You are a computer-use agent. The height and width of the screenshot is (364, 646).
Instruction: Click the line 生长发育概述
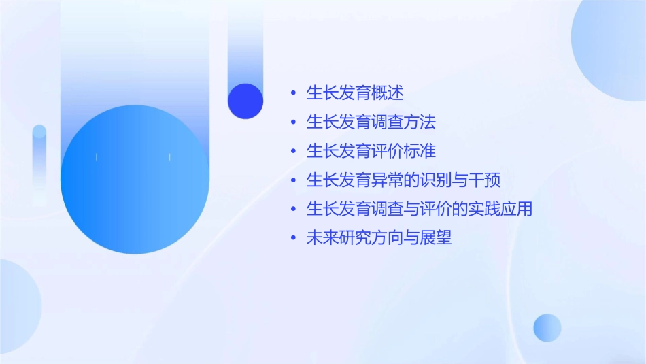pyautogui.click(x=355, y=93)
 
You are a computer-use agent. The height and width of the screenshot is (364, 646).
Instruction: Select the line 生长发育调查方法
pyautogui.click(x=371, y=122)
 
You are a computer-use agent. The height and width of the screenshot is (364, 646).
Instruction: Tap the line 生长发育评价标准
pyautogui.click(x=371, y=151)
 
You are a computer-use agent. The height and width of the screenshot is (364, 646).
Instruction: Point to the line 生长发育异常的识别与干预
pyautogui.click(x=403, y=180)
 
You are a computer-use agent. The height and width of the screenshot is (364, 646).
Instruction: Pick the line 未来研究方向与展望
pyautogui.click(x=379, y=239)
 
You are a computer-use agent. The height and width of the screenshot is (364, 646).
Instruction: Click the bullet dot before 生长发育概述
pyautogui.click(x=293, y=93)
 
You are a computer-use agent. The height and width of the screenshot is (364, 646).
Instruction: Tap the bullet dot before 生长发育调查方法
pyautogui.click(x=293, y=122)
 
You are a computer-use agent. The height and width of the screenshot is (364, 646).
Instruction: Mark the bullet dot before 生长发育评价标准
pyautogui.click(x=293, y=151)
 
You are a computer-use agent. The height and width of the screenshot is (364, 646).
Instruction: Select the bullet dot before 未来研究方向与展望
pyautogui.click(x=293, y=239)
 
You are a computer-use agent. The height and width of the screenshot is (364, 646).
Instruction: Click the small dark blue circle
pyautogui.click(x=245, y=101)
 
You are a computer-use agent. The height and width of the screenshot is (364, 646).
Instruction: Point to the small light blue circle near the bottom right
pyautogui.click(x=547, y=327)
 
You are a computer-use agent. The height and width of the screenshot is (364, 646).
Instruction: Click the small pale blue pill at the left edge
pyautogui.click(x=39, y=163)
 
